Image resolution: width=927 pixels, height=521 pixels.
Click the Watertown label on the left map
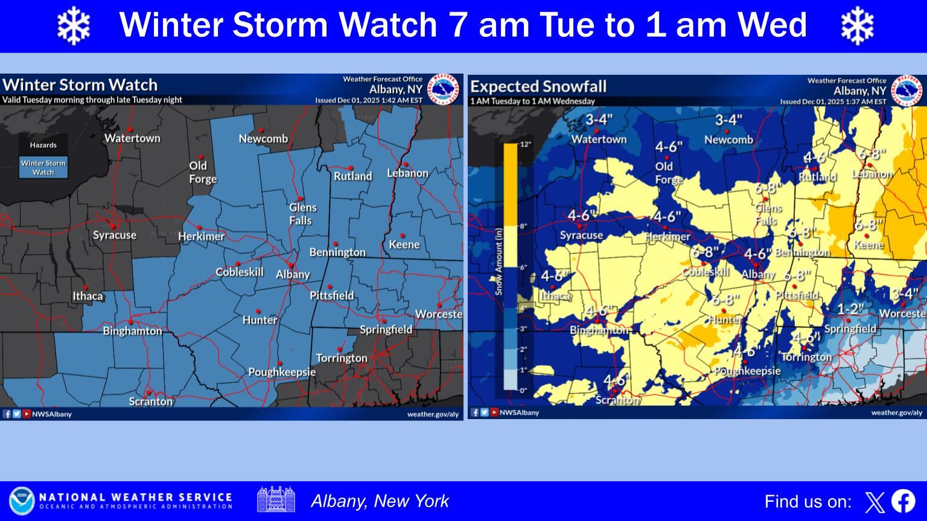(132, 138)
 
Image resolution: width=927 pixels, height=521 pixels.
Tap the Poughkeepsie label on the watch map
(282, 372)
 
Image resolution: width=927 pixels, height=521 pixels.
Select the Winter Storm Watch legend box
(43, 168)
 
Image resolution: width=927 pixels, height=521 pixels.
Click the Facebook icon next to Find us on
(903, 501)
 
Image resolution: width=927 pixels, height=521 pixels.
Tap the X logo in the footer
(874, 502)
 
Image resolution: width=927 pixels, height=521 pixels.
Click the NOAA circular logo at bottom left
(22, 501)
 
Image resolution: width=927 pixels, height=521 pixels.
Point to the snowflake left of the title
(73, 25)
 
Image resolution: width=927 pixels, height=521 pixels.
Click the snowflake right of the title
(857, 25)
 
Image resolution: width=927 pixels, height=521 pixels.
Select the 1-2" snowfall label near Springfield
(850, 309)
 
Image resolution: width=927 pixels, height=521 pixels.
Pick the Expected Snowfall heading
(538, 86)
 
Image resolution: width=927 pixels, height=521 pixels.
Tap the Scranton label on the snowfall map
(617, 400)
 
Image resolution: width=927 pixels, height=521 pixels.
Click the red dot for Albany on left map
(290, 265)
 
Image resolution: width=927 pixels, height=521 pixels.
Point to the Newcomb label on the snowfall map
(728, 139)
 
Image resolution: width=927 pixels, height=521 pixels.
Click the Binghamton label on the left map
(132, 331)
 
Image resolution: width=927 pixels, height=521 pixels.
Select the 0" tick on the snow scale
(523, 390)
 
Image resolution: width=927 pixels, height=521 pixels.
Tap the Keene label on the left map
(404, 244)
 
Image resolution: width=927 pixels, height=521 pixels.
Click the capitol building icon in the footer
(276, 500)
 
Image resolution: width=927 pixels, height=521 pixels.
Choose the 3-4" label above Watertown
(599, 119)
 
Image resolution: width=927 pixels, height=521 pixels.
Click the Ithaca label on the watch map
(88, 296)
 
